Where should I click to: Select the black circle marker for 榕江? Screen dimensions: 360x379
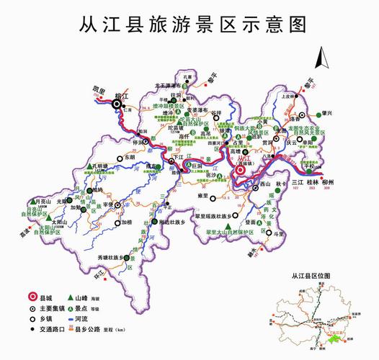(x=117, y=104)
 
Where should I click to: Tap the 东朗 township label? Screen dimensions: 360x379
(x=130, y=156)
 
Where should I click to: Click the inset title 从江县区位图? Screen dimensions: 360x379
(x=309, y=276)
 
